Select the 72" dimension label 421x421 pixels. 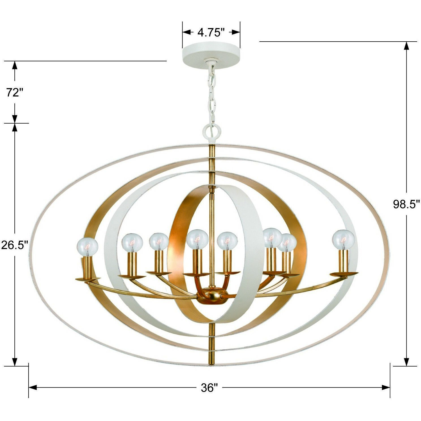14,92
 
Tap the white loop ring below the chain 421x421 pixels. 212,130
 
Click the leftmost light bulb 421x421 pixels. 88,246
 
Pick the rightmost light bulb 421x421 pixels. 343,240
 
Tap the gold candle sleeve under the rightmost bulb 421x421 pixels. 343,261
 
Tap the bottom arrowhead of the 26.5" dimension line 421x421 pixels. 15,362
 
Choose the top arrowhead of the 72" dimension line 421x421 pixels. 15,65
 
